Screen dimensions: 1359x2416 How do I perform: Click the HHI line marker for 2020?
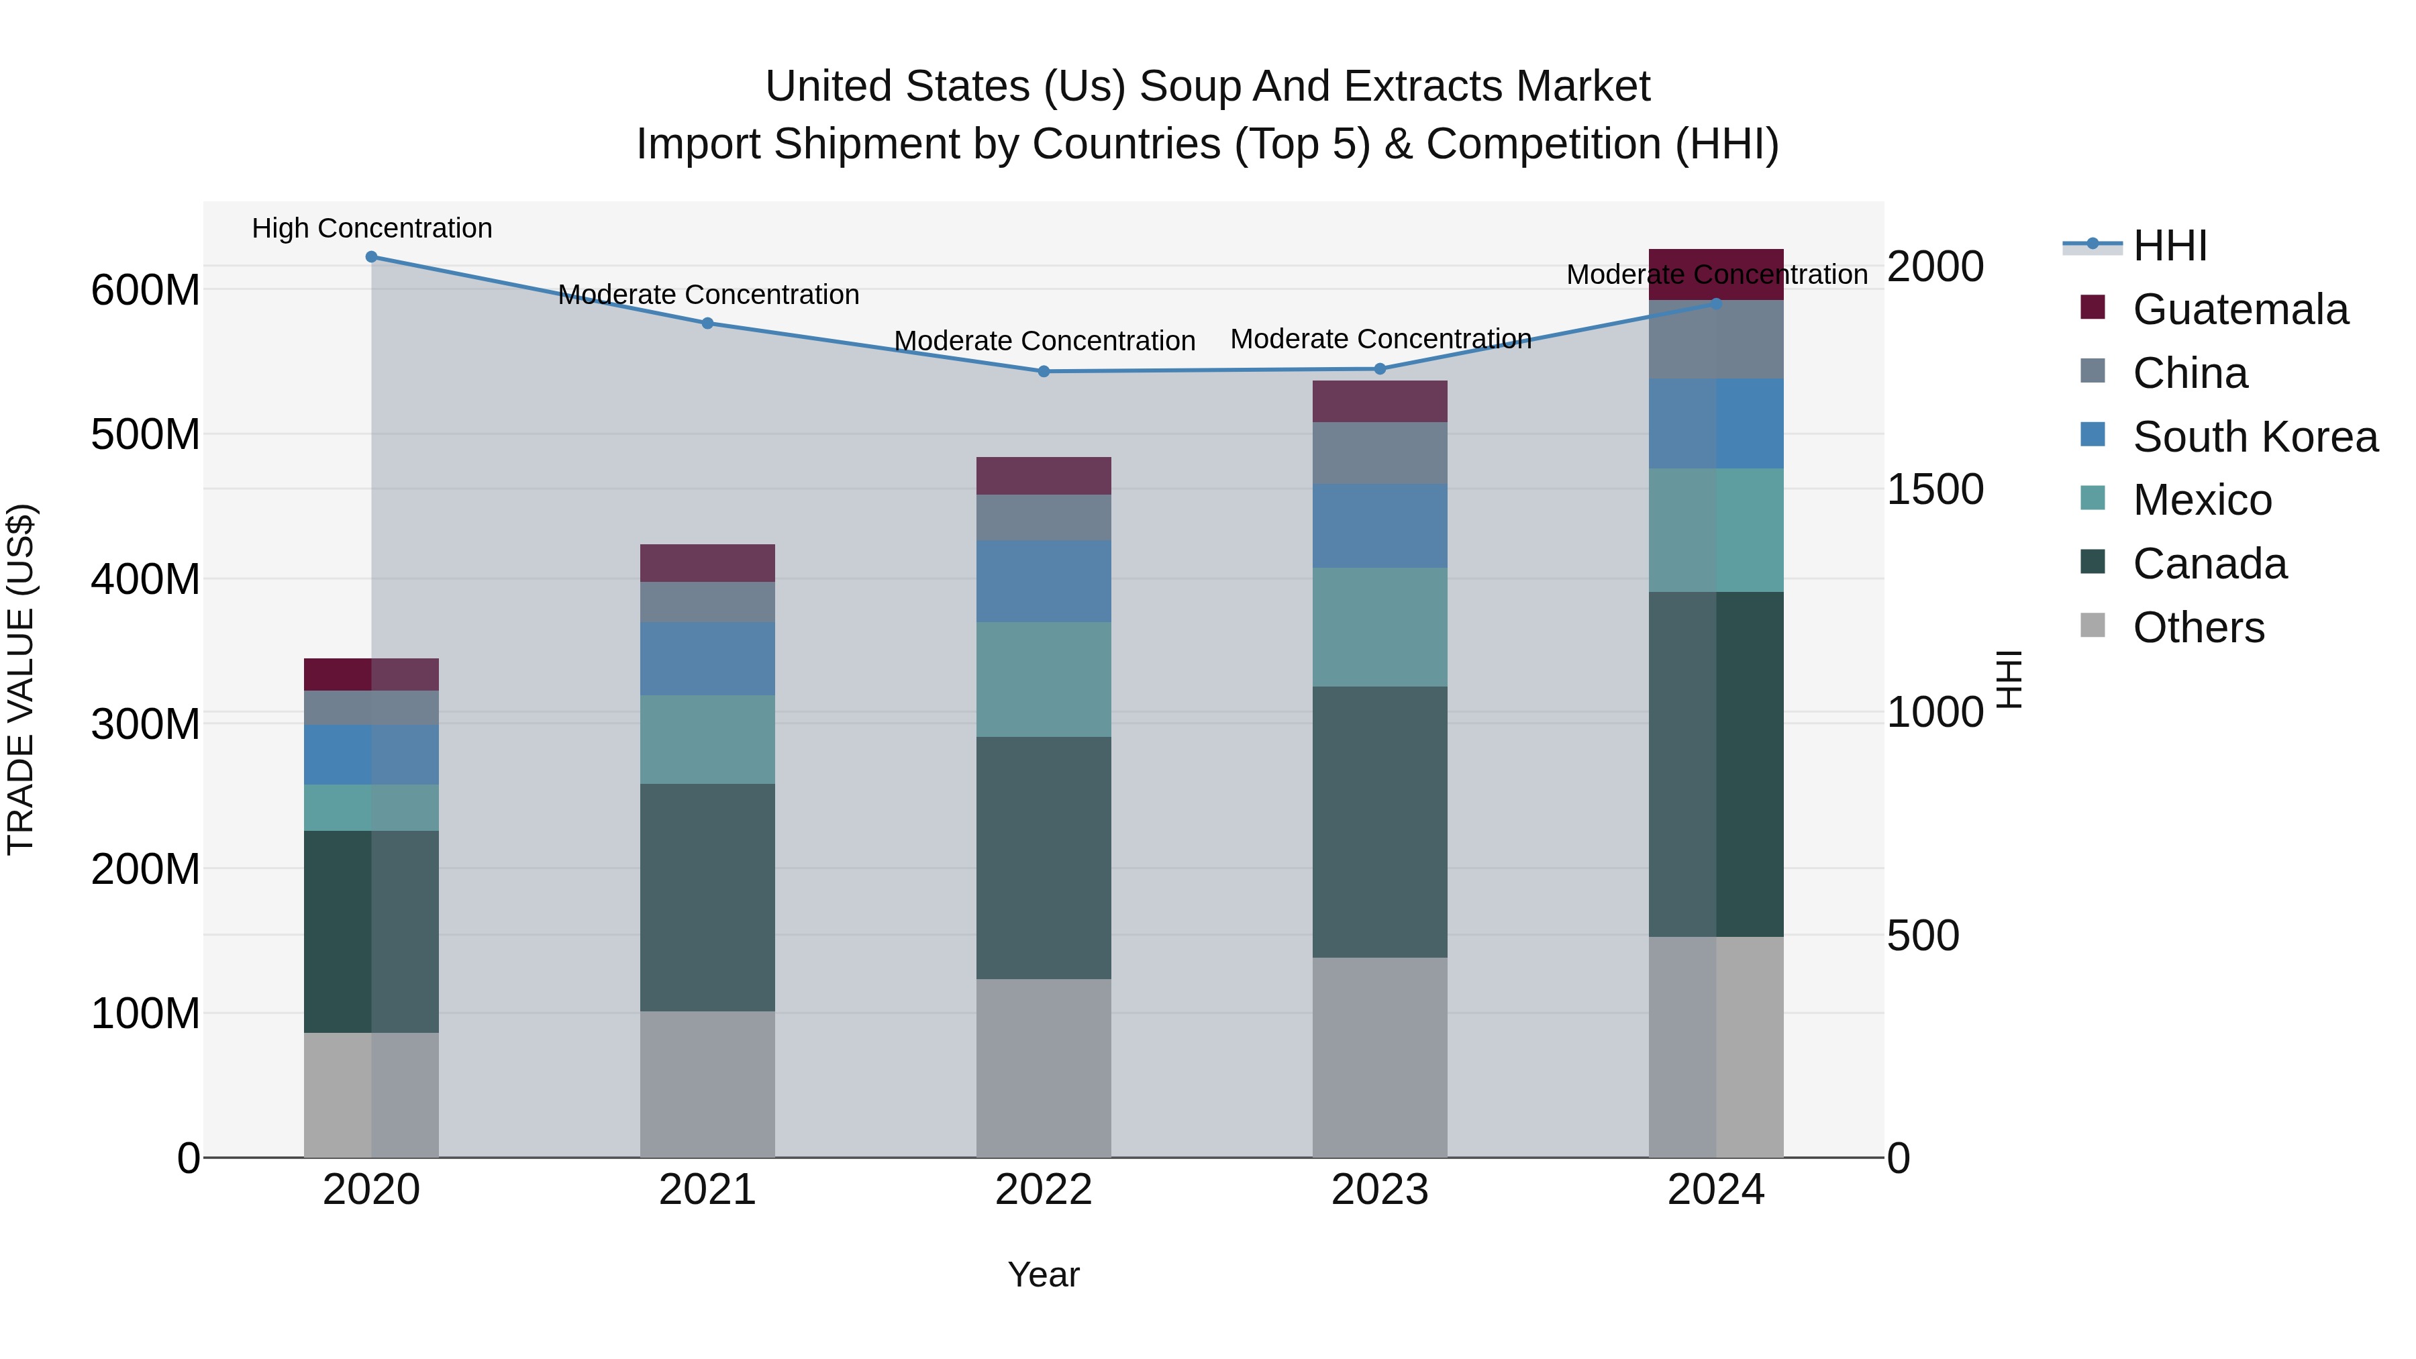371,257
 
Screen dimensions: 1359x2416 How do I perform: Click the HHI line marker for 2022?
1044,371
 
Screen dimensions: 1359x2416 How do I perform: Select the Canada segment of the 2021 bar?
707,897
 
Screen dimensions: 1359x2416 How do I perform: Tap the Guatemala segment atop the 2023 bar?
1380,401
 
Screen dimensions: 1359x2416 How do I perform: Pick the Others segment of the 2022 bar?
1044,1068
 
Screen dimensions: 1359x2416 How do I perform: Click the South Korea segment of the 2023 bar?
1380,526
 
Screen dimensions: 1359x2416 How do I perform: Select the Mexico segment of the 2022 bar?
1044,679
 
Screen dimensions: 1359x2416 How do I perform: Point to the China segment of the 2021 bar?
707,602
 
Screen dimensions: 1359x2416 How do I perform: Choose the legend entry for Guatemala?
2239,309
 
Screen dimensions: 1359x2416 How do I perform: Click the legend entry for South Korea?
2255,437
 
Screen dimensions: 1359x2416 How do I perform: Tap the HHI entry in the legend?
2169,246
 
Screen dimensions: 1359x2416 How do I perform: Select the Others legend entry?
2197,627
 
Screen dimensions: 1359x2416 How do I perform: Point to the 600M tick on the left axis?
146,291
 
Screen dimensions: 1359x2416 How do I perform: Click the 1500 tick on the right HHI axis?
1934,490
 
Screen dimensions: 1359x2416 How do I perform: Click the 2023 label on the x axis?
1380,1190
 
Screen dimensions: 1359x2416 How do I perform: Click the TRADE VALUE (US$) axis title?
21,679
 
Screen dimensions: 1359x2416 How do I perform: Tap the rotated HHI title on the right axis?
2009,679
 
